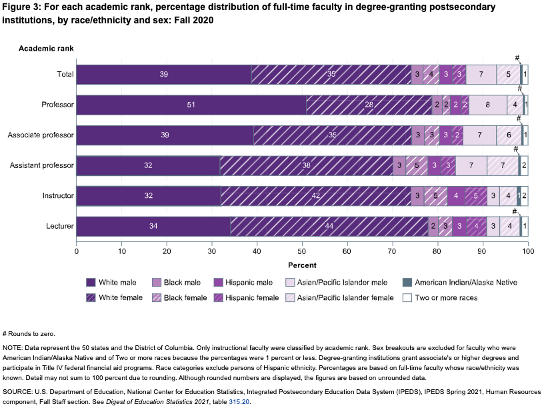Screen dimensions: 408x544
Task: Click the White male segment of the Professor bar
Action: [191, 105]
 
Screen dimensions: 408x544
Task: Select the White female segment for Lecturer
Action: [329, 227]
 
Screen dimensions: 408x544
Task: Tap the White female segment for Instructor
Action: [315, 196]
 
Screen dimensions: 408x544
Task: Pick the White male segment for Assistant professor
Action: [149, 165]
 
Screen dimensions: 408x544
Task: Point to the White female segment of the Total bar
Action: [331, 74]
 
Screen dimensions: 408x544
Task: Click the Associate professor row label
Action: [41, 135]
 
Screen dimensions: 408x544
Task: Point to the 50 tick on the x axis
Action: [302, 252]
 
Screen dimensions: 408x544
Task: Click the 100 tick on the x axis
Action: [527, 252]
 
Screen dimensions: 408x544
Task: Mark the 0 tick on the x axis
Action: [77, 252]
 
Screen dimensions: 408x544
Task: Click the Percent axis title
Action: [302, 265]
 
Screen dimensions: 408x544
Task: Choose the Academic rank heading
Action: [46, 49]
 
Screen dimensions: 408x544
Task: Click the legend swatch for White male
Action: [90, 282]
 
